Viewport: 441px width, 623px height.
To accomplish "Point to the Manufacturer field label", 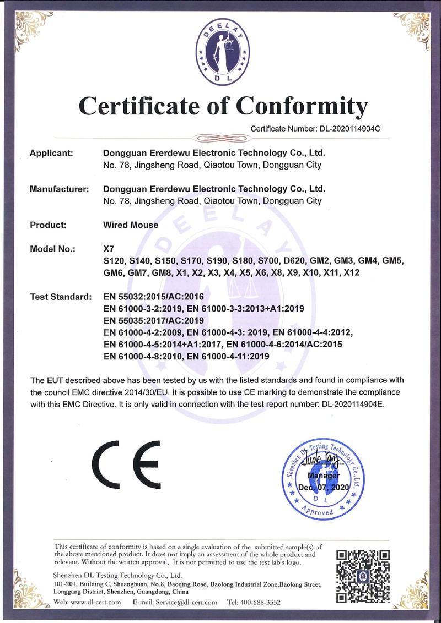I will [x=59, y=189].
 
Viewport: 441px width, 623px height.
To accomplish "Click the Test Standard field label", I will [x=60, y=297].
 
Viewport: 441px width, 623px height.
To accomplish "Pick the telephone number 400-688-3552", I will [x=261, y=603].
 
